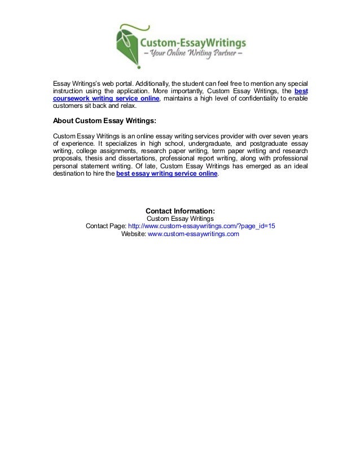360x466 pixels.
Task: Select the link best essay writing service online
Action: tap(166, 175)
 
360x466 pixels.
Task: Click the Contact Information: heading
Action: tap(180, 212)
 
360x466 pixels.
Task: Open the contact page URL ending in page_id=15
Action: tap(202, 226)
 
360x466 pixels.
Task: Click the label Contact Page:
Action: tap(106, 226)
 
